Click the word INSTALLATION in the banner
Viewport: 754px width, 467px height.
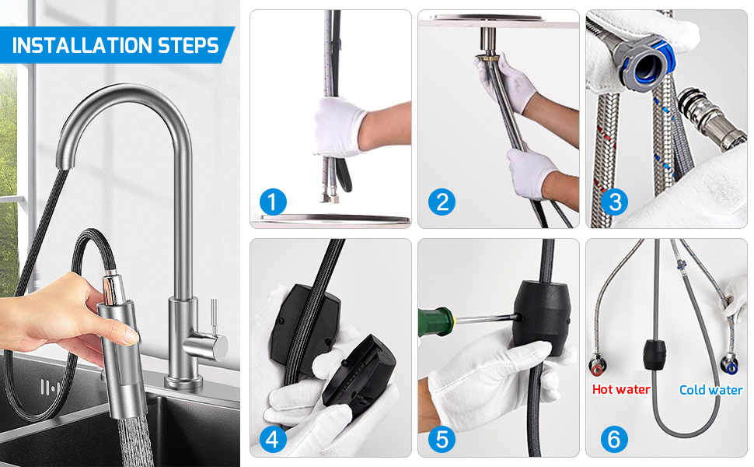(82, 46)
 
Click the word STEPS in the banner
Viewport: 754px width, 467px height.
(188, 46)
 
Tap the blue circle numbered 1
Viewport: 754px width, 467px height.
(273, 202)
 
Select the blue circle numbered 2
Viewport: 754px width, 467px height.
(442, 202)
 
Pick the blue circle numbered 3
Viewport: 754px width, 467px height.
(615, 202)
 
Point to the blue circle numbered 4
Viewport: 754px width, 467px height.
(273, 439)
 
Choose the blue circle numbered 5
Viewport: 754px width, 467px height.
(442, 439)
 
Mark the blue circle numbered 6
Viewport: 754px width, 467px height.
(614, 439)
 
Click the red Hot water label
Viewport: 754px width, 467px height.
(621, 389)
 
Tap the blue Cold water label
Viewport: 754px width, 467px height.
(710, 389)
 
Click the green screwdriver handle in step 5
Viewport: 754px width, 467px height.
(435, 321)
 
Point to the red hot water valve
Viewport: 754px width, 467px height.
(597, 365)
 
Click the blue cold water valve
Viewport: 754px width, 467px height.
(729, 365)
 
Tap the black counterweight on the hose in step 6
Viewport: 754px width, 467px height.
(655, 354)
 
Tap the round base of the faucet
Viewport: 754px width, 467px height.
(183, 382)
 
